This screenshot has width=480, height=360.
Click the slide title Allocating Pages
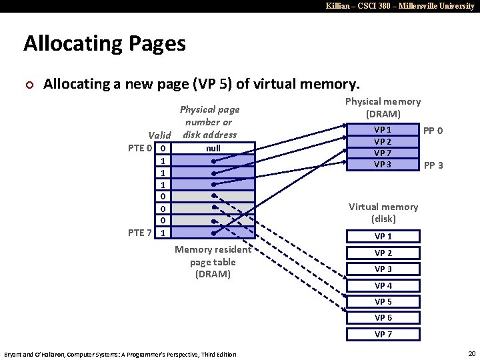point(105,44)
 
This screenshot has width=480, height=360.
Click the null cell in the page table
point(213,148)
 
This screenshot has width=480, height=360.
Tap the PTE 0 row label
point(140,148)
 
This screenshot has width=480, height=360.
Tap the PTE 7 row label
point(140,233)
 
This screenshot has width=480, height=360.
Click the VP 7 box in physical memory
point(383,153)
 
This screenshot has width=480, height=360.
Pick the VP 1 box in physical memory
point(383,130)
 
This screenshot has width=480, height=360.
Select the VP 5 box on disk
point(383,301)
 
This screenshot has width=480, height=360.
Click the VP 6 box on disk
point(383,318)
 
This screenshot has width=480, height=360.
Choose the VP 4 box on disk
point(383,285)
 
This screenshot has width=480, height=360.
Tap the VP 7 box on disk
point(383,334)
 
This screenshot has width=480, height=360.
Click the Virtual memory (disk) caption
point(383,213)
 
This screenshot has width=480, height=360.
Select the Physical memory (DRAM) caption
point(383,107)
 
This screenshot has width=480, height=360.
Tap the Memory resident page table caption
point(213,261)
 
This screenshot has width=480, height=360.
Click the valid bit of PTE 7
point(163,233)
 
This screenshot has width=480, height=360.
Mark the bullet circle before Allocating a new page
point(27,85)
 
